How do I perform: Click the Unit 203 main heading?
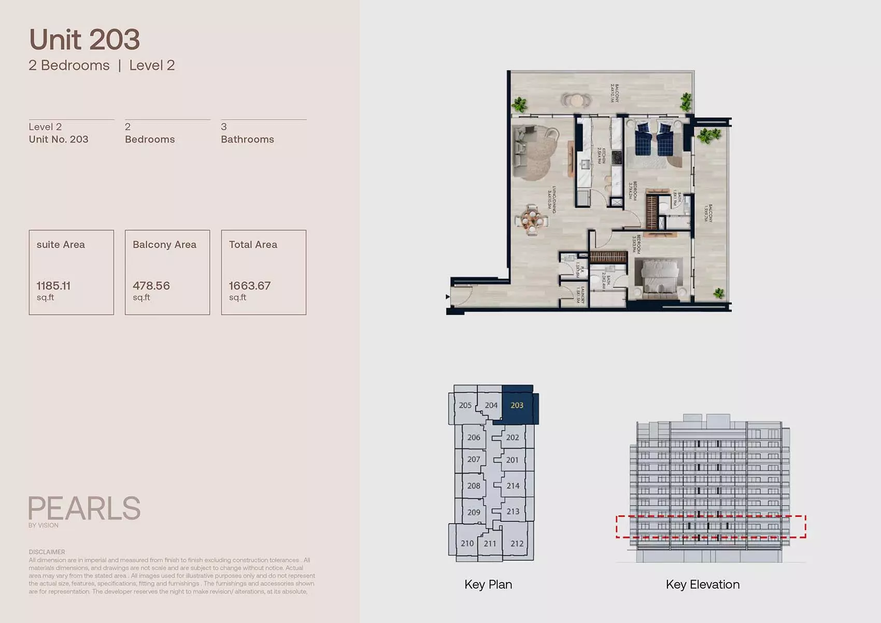(84, 40)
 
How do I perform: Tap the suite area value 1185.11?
(53, 286)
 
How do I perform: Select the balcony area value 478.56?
(151, 286)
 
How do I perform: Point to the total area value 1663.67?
(250, 286)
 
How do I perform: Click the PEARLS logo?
(84, 508)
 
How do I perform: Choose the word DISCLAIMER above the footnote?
(47, 552)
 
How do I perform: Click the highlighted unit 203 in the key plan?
(517, 405)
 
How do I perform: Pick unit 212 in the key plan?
(517, 543)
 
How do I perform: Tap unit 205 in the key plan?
(465, 405)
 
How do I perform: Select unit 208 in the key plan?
(474, 486)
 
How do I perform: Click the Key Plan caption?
(488, 585)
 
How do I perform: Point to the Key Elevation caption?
(703, 585)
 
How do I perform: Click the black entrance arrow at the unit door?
(448, 297)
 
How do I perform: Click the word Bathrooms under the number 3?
(247, 139)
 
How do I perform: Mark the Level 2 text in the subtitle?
(152, 65)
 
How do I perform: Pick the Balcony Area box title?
(164, 245)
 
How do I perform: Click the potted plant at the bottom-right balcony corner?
(719, 293)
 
